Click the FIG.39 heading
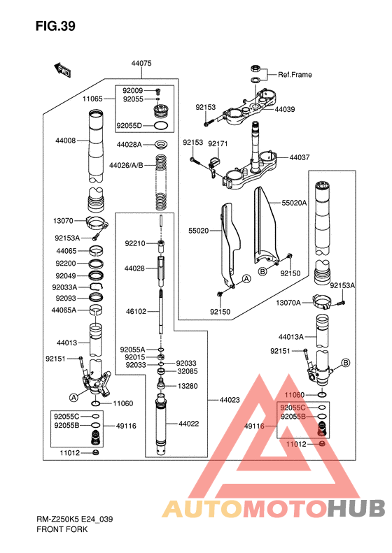(55, 26)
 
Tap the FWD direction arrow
(62, 70)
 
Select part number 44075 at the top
(141, 64)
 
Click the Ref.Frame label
(295, 75)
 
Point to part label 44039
(285, 109)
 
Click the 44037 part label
(300, 157)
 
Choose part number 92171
(218, 144)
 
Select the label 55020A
(294, 203)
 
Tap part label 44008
(65, 141)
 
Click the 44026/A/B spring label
(126, 166)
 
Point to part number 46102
(136, 312)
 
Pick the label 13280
(188, 386)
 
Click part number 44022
(188, 424)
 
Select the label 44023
(230, 401)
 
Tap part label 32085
(188, 371)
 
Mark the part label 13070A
(288, 303)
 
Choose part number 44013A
(291, 337)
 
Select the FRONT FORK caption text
(62, 529)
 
